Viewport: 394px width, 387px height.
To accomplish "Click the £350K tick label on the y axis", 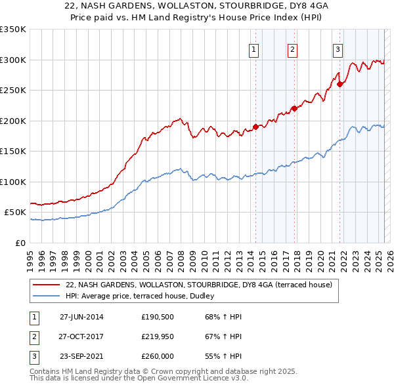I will [x=13, y=30].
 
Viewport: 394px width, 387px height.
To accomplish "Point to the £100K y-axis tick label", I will [x=13, y=182].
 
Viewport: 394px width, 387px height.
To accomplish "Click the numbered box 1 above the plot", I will [x=254, y=49].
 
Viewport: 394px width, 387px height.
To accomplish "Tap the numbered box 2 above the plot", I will [x=292, y=49].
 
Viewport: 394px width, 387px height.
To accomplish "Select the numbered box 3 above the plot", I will [x=338, y=49].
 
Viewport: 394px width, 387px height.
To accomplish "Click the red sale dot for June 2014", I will [x=255, y=127].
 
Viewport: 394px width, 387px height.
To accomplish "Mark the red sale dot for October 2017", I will [x=294, y=109].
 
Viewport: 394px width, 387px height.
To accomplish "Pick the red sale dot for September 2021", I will [x=339, y=84].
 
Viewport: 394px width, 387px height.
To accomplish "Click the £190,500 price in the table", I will [x=156, y=317].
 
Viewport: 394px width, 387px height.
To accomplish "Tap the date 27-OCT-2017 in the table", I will [x=82, y=336].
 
